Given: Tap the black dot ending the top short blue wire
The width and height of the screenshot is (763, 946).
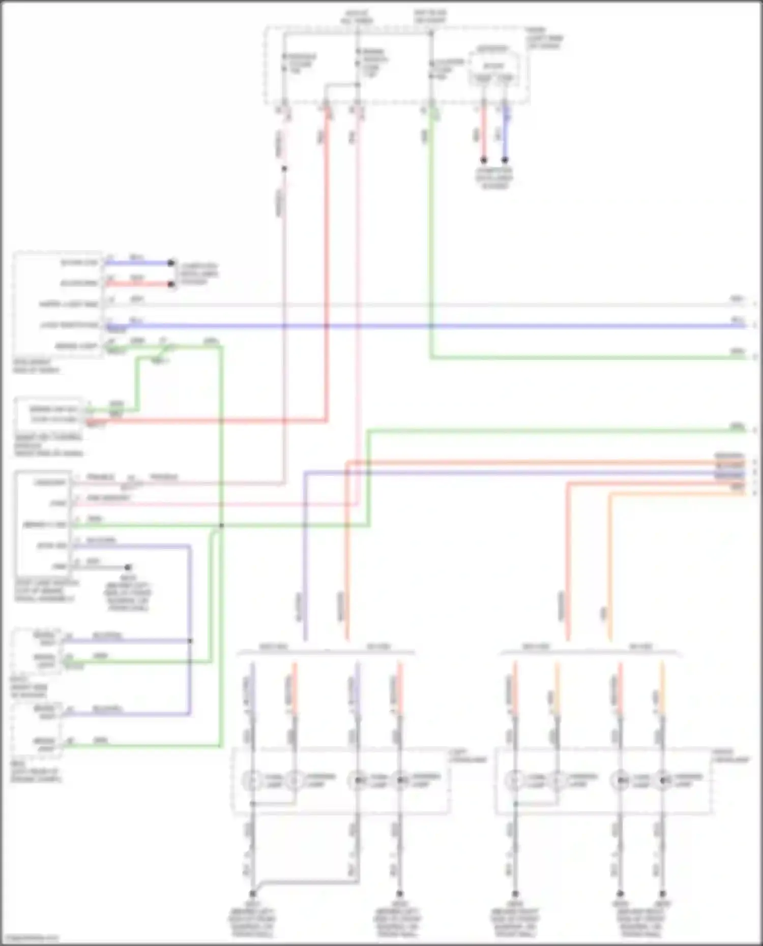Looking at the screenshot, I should point(505,160).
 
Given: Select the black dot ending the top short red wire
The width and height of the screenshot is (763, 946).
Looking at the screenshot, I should point(484,160).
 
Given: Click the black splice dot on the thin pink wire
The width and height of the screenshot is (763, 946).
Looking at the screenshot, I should point(284,169).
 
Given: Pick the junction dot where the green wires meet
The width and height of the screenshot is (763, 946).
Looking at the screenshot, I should point(221,525).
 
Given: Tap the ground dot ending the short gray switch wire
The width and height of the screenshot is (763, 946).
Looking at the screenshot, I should point(128,567).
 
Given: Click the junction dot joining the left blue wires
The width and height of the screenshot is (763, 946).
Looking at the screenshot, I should point(190,641).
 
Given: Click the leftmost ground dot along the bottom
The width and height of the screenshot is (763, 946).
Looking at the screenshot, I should point(252,893).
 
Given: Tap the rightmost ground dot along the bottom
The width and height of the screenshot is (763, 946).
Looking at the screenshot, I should point(662,893).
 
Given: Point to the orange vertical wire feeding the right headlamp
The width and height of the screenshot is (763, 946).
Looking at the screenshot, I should point(610,569).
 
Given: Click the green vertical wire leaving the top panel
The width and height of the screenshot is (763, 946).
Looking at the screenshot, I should point(431,229).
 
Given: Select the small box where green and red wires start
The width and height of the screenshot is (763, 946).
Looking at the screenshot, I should point(49,414).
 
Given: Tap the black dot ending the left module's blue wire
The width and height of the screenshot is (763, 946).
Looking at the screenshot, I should point(171,263).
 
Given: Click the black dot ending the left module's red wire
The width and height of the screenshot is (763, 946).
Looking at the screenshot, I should point(171,284).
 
